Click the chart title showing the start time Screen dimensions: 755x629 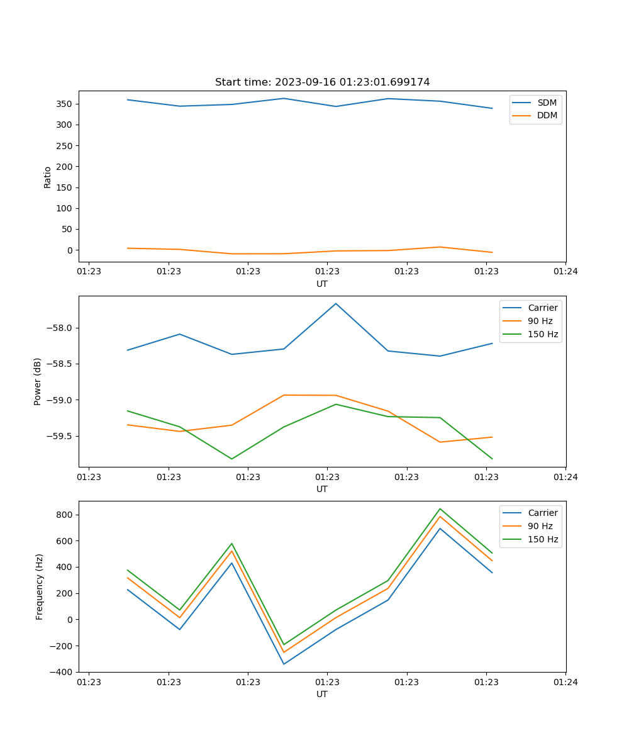[x=322, y=82]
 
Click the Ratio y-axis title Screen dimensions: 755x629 [x=48, y=177]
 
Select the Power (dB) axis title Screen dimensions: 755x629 [x=38, y=381]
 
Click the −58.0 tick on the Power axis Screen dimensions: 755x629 [x=60, y=328]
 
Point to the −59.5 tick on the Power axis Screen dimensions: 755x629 [x=60, y=436]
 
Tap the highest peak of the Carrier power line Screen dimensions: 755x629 [x=336, y=304]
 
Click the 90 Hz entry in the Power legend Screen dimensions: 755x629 [x=540, y=321]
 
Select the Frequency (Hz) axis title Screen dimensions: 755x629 [x=40, y=586]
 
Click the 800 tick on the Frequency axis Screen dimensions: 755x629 [x=65, y=515]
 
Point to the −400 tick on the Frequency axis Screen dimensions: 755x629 [x=62, y=672]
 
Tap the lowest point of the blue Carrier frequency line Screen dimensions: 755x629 [x=284, y=664]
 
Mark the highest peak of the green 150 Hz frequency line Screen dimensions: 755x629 [x=440, y=509]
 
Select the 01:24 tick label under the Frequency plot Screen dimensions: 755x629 [x=565, y=681]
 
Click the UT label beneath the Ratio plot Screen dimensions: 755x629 [x=322, y=284]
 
